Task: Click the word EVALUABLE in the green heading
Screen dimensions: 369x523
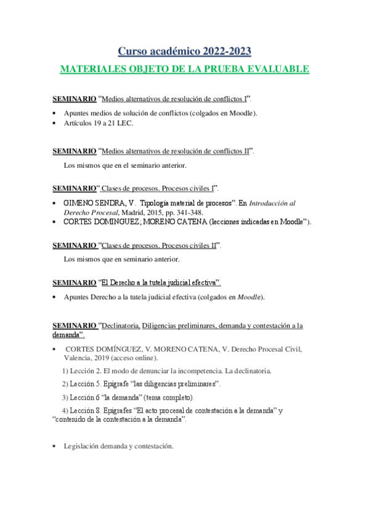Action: (x=277, y=69)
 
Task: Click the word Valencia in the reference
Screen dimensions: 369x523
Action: (x=79, y=358)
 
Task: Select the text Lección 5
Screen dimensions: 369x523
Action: (x=85, y=384)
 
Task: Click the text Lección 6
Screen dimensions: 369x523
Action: (x=85, y=397)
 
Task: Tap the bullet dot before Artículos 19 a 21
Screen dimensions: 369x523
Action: (x=55, y=123)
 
